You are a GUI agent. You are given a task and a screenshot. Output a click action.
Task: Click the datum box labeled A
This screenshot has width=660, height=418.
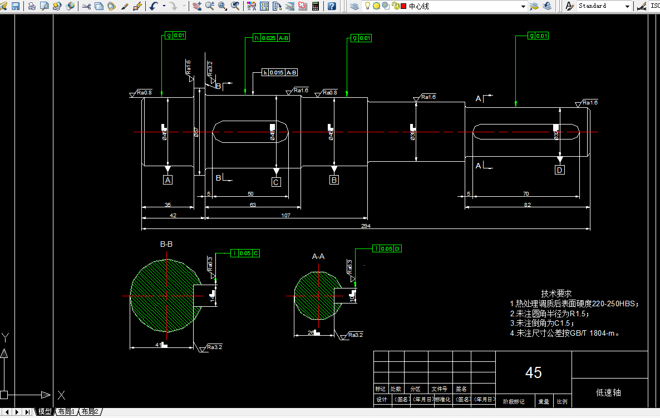[168, 180]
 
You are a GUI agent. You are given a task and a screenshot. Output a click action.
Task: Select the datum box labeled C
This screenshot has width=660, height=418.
[276, 182]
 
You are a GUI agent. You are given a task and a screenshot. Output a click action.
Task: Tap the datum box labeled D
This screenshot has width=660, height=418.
[559, 170]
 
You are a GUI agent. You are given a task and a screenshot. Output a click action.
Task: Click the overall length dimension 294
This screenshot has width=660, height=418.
[366, 226]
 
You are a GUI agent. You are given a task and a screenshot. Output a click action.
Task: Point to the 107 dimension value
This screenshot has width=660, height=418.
[286, 215]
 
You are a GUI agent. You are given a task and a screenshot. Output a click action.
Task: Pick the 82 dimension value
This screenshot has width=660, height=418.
[527, 205]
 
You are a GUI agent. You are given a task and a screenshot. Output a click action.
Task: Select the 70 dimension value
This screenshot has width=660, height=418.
[526, 194]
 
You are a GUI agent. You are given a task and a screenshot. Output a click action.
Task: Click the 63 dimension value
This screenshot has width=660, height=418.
[253, 205]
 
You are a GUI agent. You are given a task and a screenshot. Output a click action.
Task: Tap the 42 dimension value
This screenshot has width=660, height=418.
[173, 215]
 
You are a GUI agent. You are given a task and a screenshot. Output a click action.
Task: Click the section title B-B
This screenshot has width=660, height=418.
[166, 244]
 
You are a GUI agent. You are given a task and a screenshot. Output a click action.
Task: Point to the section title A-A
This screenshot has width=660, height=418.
[318, 256]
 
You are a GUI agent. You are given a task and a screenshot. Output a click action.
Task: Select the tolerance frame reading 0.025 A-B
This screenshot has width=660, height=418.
[272, 38]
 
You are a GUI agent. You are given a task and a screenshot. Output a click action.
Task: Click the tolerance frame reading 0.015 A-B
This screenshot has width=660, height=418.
[280, 73]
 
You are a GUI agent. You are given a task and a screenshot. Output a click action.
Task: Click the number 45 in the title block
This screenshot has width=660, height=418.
[533, 372]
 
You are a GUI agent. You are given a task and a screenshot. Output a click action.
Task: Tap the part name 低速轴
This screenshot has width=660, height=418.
[608, 392]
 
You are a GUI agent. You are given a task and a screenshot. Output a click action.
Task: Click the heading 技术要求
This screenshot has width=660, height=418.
[556, 293]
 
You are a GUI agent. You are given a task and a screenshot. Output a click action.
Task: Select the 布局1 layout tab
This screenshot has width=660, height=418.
[65, 412]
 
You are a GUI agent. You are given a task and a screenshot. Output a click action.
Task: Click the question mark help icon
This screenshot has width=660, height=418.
[332, 6]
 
